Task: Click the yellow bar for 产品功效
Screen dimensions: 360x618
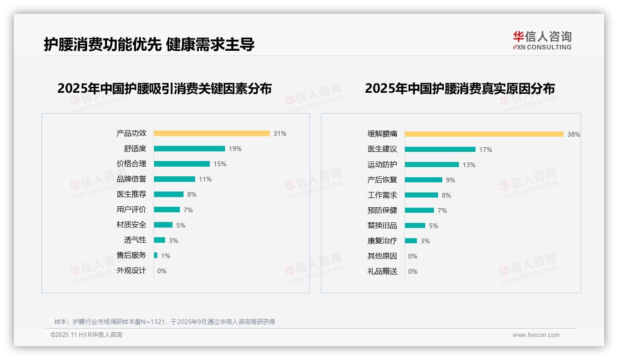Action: (x=212, y=133)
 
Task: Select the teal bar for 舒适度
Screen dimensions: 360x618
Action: (x=189, y=149)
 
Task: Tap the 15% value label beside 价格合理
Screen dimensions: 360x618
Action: (x=220, y=164)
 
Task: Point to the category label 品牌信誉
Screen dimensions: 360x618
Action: (x=131, y=179)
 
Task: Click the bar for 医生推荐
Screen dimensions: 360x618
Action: (x=169, y=194)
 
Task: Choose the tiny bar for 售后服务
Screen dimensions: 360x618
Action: (x=156, y=255)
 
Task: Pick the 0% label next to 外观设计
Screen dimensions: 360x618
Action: (x=162, y=271)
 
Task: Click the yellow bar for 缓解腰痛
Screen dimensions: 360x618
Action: (x=484, y=134)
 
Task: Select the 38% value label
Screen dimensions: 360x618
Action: (x=574, y=134)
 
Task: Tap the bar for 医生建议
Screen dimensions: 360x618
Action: (x=440, y=150)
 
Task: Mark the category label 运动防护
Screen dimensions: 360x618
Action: (x=382, y=165)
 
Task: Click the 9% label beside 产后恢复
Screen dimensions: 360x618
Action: (x=451, y=180)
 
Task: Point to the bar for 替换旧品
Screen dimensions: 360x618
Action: (x=415, y=226)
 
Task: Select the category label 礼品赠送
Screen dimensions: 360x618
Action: (x=382, y=271)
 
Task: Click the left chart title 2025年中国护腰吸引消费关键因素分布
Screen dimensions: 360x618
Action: (x=164, y=88)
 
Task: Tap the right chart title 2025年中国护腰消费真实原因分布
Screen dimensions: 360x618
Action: (x=460, y=88)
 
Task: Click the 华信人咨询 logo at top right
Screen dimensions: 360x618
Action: (x=542, y=41)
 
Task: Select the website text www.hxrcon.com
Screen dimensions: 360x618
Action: (x=536, y=335)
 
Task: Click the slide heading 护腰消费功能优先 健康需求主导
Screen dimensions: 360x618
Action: (x=149, y=44)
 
